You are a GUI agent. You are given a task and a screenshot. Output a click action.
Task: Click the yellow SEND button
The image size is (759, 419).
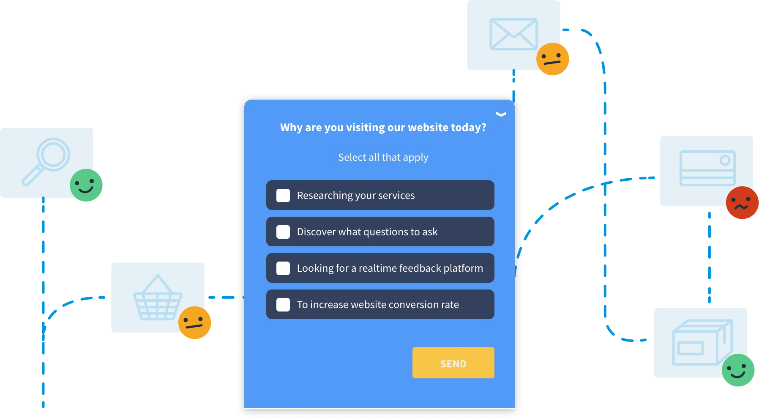453,363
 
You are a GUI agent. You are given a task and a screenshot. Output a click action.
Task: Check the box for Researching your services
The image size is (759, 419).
283,196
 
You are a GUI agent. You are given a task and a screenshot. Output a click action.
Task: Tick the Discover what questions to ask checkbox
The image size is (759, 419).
283,232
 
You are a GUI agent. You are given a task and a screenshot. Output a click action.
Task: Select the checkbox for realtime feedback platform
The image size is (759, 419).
283,268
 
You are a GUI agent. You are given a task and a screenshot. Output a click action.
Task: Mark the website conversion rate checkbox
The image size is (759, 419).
283,305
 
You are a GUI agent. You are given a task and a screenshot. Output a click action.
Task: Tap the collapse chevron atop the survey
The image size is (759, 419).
501,114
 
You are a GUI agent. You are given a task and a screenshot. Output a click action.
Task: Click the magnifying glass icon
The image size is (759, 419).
46,161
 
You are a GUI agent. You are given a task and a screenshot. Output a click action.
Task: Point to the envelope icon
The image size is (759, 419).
513,34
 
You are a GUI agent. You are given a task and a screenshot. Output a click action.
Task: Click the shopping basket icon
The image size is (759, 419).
158,298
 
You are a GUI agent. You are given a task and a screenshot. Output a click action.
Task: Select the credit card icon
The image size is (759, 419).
707,168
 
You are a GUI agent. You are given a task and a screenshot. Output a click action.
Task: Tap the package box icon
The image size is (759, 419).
702,342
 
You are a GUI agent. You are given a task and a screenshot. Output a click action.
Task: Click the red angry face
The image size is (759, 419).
742,203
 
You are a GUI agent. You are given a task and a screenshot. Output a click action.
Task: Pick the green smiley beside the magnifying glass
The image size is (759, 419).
86,185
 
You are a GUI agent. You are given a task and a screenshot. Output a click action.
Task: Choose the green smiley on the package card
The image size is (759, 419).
738,370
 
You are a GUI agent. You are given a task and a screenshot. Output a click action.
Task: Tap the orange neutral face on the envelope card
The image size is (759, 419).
552,59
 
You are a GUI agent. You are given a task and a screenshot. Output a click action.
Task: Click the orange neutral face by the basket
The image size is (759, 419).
194,323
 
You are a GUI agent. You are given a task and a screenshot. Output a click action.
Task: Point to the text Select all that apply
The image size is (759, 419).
383,157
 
